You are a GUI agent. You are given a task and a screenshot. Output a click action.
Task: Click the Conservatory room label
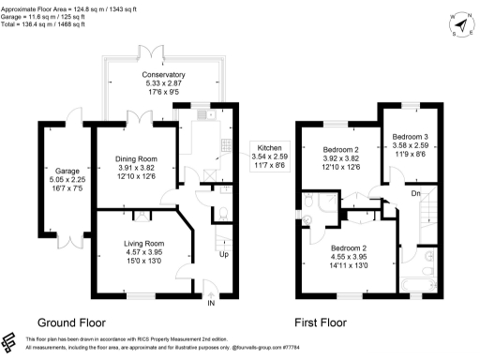coord(163,74)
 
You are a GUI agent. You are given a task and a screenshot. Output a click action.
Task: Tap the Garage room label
coord(67,172)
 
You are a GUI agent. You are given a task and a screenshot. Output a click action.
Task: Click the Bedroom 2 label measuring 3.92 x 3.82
coord(342,150)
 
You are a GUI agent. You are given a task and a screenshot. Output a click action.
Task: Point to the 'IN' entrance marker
coord(211,304)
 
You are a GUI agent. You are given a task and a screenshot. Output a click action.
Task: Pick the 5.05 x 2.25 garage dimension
coord(67,180)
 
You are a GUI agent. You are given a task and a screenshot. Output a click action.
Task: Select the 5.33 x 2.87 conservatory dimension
coord(163,82)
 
